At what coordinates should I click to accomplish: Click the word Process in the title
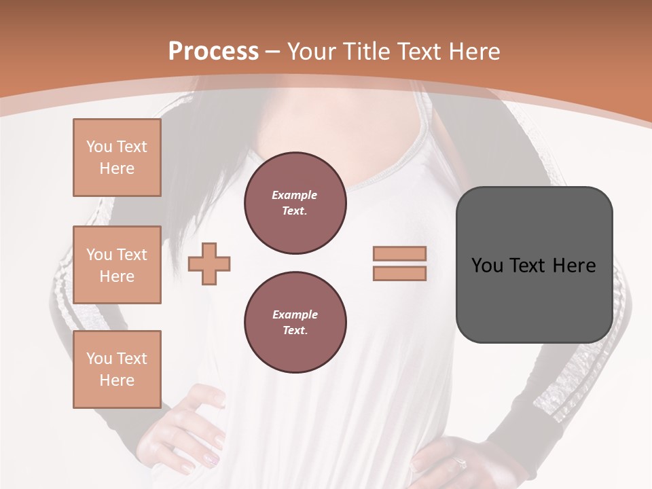coord(213,51)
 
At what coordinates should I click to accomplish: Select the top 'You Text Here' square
coord(117,158)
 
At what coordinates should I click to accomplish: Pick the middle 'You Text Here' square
coord(117,265)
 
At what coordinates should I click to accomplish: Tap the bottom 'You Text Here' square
coord(117,369)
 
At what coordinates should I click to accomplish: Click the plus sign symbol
coord(209,264)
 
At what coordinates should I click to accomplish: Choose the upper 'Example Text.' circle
coord(295,203)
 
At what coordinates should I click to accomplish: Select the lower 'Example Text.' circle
coord(295,322)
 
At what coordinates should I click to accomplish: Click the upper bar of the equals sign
coord(399,253)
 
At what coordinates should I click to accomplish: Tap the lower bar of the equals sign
coord(399,273)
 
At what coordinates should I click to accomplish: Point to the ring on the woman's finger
coord(460,463)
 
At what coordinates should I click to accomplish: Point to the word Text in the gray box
coord(528,265)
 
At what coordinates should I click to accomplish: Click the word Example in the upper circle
coord(295,195)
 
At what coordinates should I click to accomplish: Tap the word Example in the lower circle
coord(295,314)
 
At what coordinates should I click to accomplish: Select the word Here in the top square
coord(117,168)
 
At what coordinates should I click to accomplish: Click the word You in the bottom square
coord(99,358)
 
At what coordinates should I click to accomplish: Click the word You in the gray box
coord(487,265)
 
